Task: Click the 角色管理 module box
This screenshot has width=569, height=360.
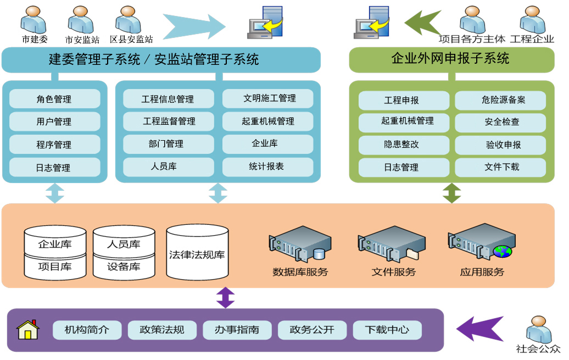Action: (54, 99)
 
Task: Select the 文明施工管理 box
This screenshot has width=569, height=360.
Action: (268, 99)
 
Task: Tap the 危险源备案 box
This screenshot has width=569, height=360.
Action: (500, 100)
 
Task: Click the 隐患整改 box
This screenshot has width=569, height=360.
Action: (401, 145)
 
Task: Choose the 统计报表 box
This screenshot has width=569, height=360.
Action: (268, 167)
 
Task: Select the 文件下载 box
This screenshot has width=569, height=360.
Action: (500, 167)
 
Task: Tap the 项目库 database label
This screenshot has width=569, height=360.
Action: (55, 267)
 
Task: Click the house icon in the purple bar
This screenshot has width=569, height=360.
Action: (28, 330)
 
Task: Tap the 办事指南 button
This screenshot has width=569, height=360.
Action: (237, 330)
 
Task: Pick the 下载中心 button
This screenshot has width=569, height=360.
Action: (387, 330)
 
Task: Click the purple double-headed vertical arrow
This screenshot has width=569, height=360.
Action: (225, 297)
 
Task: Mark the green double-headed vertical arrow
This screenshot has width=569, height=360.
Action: (451, 193)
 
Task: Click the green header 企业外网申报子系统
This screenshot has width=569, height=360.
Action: (451, 59)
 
